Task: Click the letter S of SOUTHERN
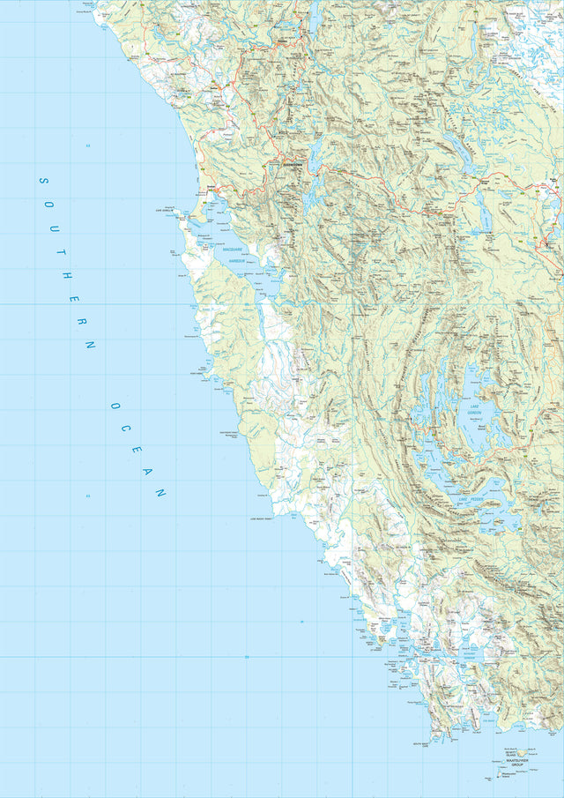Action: click(41, 181)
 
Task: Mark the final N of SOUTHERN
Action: click(89, 345)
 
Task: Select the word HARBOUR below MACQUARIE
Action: click(234, 259)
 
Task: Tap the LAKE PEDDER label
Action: click(470, 500)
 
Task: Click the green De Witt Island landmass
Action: click(521, 752)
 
